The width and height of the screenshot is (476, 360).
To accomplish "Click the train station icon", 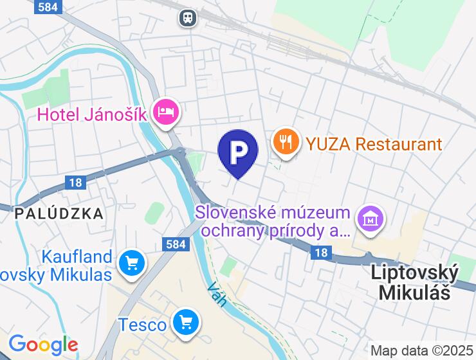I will click(x=188, y=17).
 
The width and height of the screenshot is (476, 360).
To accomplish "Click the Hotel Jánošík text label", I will click(x=92, y=114).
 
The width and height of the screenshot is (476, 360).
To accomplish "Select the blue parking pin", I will click(x=238, y=152).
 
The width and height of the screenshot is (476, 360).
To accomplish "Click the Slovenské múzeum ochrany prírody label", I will click(x=273, y=221).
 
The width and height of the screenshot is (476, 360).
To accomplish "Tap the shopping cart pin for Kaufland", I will click(x=132, y=263).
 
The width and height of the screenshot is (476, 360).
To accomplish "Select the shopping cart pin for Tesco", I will click(x=187, y=322).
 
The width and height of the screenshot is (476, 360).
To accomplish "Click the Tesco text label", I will click(x=142, y=325).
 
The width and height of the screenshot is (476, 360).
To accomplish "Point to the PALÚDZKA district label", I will click(x=59, y=213).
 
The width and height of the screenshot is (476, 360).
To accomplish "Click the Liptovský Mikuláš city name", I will click(x=415, y=282).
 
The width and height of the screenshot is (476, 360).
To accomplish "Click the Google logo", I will click(x=43, y=345).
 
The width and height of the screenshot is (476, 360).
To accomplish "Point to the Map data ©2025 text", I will click(x=421, y=351).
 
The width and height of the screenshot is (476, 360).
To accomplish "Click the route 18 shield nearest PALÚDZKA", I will click(x=75, y=183).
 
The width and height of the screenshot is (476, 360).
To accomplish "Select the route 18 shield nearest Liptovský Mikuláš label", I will click(x=322, y=253).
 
